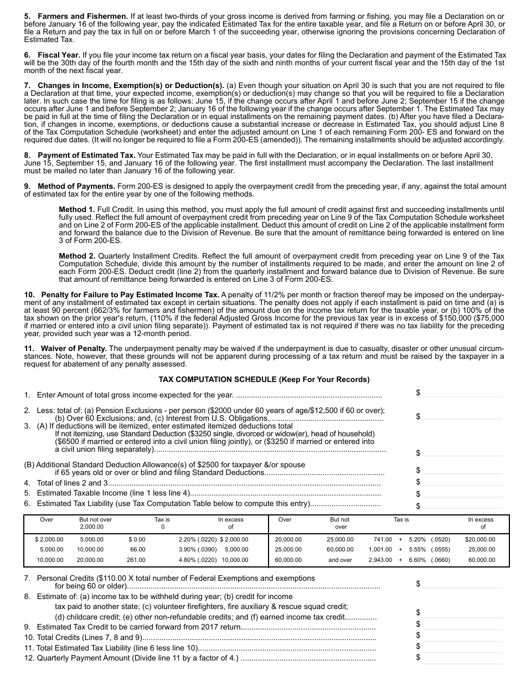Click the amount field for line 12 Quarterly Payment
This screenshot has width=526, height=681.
(463, 658)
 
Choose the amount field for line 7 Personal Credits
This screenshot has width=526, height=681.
(463, 584)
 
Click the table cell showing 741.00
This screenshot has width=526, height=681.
(383, 539)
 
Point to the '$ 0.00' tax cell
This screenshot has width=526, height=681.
(137, 539)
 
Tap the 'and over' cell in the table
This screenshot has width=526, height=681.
(339, 560)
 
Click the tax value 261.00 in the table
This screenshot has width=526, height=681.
(136, 560)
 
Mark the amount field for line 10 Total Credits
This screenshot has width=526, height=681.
(463, 635)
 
